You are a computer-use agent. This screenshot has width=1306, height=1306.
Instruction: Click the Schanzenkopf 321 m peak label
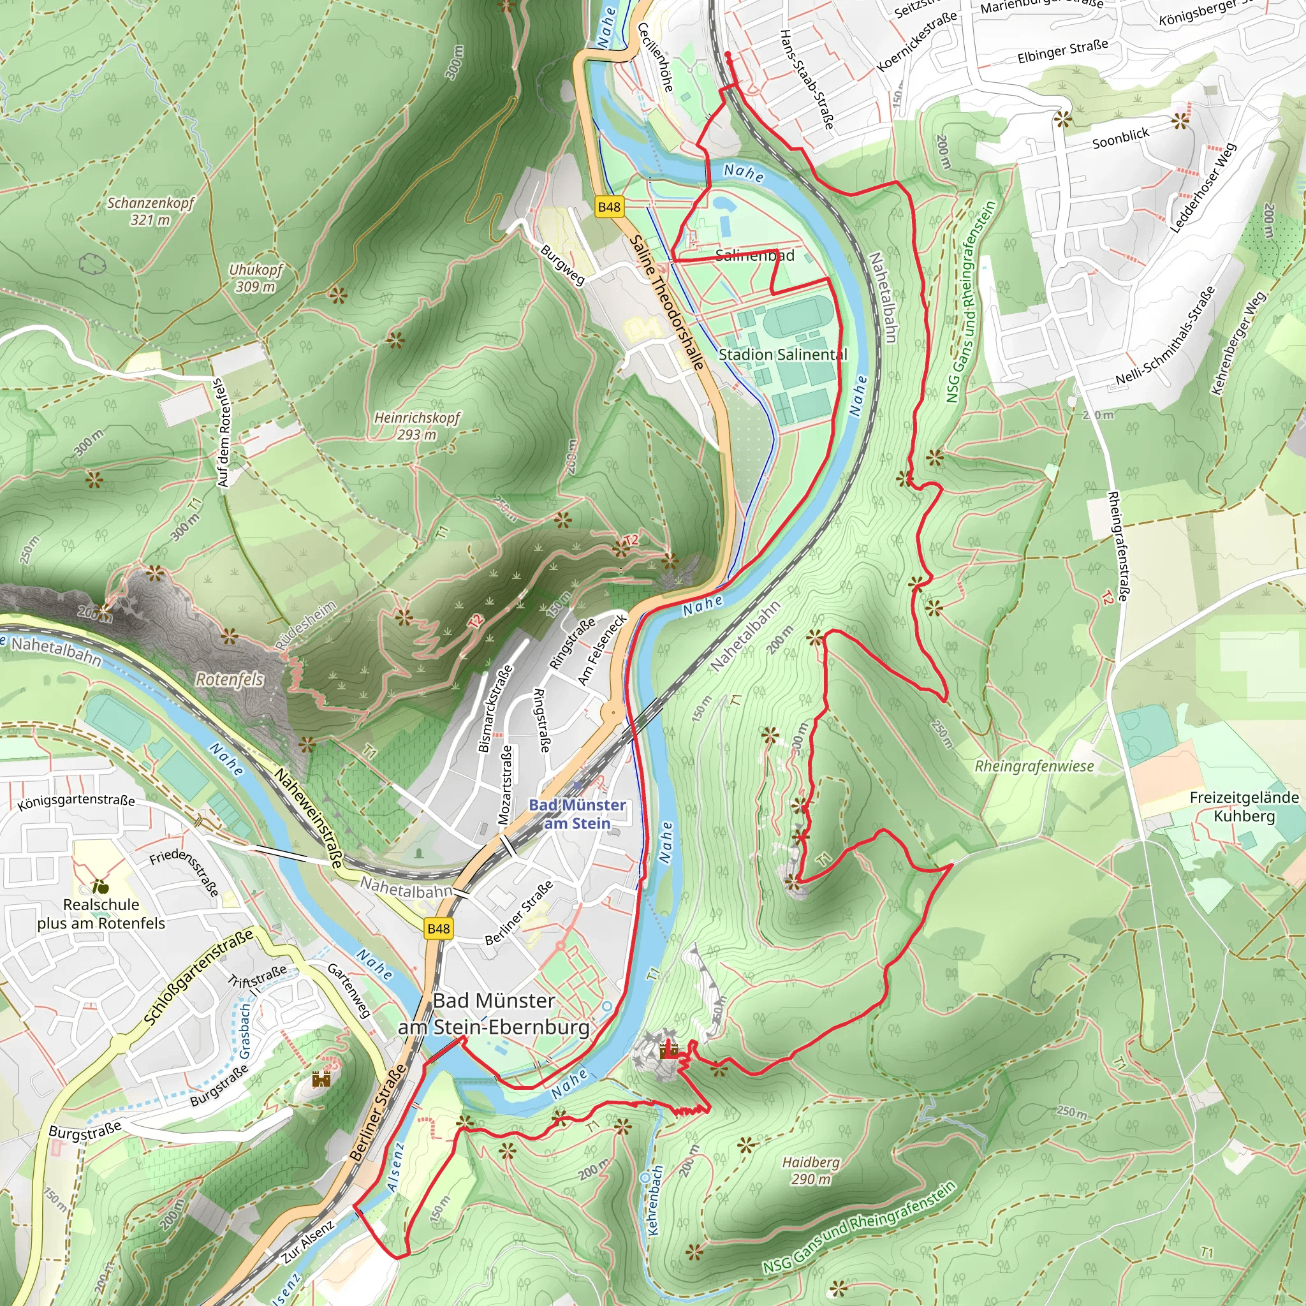click(x=150, y=211)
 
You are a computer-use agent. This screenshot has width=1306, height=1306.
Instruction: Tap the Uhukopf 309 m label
click(x=256, y=278)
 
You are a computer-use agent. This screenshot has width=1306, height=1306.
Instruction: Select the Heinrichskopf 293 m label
click(x=416, y=426)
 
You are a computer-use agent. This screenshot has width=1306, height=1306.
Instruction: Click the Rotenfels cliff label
click(x=230, y=679)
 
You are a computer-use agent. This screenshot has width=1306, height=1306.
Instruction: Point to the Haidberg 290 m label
click(x=811, y=1170)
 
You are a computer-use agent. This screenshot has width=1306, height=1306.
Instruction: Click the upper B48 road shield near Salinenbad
click(x=609, y=207)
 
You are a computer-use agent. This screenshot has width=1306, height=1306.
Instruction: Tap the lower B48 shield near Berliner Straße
click(x=438, y=928)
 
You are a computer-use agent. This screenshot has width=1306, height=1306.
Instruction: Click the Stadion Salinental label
click(x=782, y=354)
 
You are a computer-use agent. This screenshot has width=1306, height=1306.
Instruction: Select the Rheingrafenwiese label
click(x=1034, y=766)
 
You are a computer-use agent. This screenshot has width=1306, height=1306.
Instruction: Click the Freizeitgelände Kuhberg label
click(x=1244, y=807)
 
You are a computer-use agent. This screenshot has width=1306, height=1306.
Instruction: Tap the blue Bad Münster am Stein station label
click(x=576, y=814)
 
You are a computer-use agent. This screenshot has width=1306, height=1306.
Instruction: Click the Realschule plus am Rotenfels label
click(x=101, y=914)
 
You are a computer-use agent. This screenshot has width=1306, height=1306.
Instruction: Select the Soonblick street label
click(x=1120, y=138)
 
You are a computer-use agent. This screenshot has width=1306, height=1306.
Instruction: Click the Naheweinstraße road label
click(x=309, y=818)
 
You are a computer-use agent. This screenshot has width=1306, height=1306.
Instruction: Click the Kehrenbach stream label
click(x=654, y=1200)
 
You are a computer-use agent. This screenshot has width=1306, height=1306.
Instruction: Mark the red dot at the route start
click(x=728, y=54)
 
